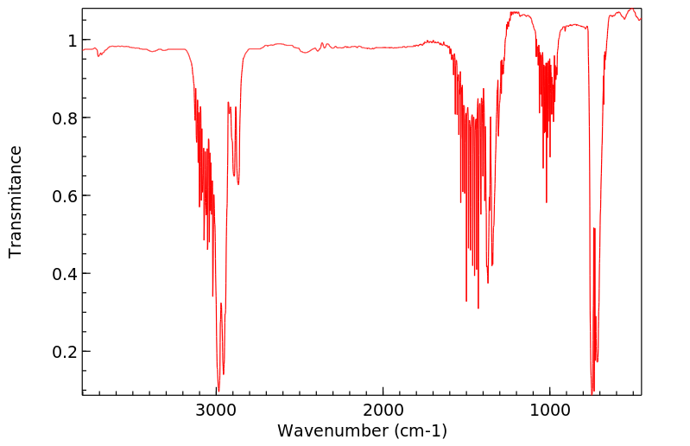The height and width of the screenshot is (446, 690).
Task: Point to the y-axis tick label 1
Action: click(x=73, y=41)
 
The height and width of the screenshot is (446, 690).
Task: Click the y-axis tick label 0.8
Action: click(x=67, y=118)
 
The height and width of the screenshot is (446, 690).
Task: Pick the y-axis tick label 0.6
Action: click(x=67, y=196)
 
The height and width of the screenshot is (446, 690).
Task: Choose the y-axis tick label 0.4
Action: click(x=67, y=274)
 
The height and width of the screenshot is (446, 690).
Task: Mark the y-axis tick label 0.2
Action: click(x=67, y=352)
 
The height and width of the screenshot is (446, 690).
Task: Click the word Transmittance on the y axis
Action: click(x=16, y=201)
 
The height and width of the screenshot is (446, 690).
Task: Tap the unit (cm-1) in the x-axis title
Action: click(x=420, y=430)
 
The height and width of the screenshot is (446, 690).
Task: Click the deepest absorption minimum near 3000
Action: click(x=218, y=390)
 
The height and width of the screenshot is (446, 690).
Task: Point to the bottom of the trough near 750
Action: click(x=592, y=391)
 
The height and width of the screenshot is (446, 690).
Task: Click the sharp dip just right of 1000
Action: click(x=546, y=201)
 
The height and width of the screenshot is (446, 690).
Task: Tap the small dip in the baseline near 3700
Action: click(x=100, y=56)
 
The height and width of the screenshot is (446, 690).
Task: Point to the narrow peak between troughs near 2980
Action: click(x=221, y=304)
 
